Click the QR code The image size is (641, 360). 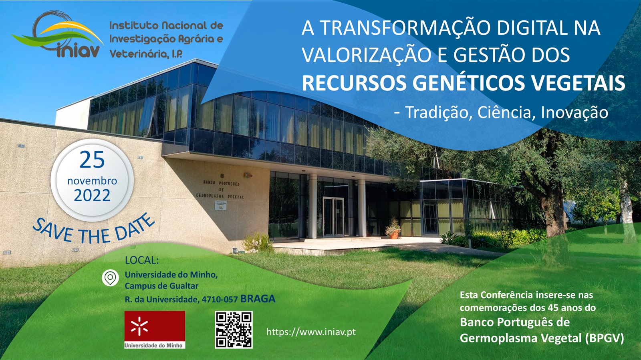234,330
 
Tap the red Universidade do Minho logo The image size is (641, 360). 155,330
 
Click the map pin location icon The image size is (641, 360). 111,278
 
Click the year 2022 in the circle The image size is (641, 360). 92,196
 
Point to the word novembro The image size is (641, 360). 92,181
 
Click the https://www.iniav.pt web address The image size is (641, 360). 311,332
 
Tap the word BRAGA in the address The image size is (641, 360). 258,298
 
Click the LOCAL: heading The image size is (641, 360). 142,260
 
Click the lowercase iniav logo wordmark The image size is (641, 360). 78,52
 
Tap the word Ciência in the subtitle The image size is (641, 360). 505,112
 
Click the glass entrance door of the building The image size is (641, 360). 333,217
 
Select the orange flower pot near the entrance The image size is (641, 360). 395,234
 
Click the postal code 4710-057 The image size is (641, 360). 220,300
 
